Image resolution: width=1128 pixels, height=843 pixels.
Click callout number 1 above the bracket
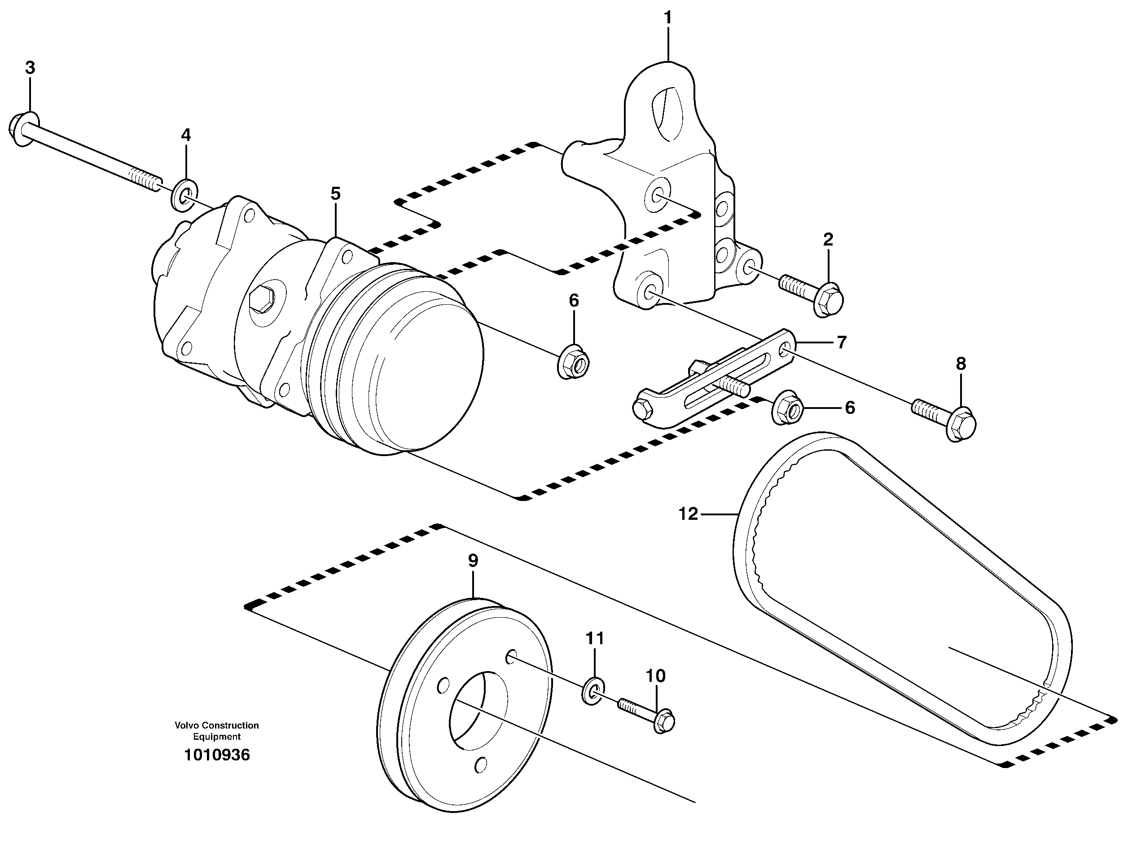[x=667, y=18]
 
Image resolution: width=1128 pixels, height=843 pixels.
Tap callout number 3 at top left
[x=30, y=67]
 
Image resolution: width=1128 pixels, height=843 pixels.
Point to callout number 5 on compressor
[x=335, y=194]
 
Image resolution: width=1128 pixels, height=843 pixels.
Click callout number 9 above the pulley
[x=473, y=561]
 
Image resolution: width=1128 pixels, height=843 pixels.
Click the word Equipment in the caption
[x=216, y=737]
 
